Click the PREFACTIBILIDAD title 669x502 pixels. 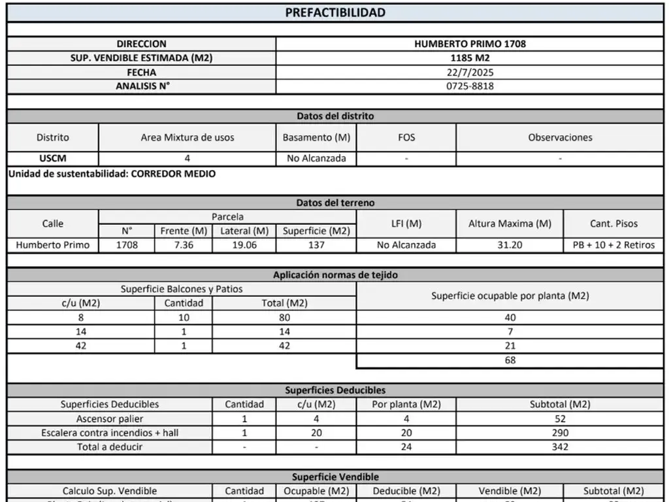pos(335,12)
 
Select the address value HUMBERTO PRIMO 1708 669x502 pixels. pos(470,44)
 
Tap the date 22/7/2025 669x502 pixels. pos(470,72)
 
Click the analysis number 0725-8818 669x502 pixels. pos(470,86)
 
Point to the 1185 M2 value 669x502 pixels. pos(470,58)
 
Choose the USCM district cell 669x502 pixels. pos(52,158)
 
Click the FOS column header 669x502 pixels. pos(406,137)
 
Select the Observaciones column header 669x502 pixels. pos(560,137)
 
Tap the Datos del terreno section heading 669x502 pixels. pos(335,203)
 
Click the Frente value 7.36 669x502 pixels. pos(184,245)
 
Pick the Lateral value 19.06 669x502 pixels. pos(244,245)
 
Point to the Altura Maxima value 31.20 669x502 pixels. pos(510,245)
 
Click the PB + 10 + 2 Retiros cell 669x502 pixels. pos(613,245)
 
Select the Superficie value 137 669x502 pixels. pos(316,245)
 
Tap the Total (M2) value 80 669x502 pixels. pos(284,318)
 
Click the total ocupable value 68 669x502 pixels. pos(510,360)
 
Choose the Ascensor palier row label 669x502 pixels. pos(110,418)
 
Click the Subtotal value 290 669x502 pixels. pos(560,433)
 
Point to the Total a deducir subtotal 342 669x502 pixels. pos(560,447)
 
